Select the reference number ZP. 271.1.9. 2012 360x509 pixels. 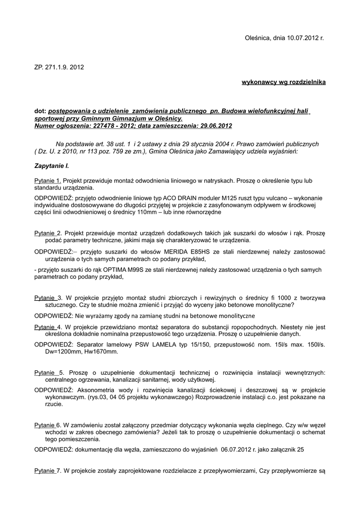[x=56, y=67]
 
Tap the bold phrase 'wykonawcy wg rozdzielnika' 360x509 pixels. [x=283, y=82]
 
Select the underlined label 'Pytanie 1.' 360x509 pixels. [x=48, y=180]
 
